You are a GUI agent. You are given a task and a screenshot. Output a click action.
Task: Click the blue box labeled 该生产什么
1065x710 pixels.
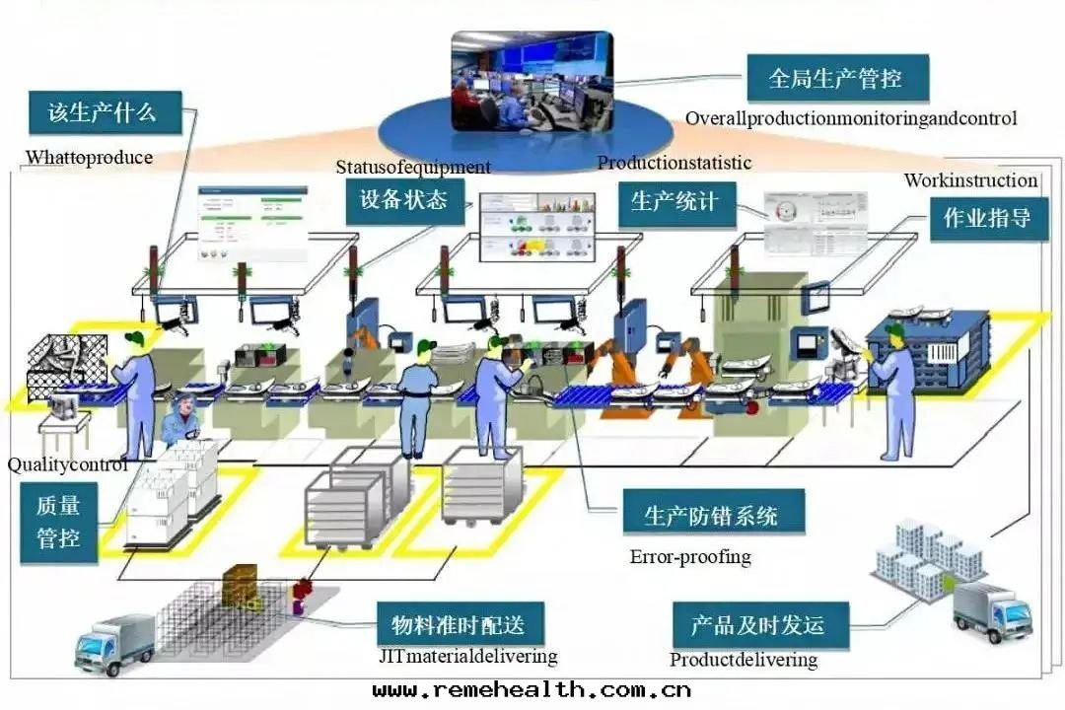tap(104, 112)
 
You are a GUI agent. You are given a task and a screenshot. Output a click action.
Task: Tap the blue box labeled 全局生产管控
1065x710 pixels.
tap(835, 78)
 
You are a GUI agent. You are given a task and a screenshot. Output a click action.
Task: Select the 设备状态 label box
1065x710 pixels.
tap(404, 200)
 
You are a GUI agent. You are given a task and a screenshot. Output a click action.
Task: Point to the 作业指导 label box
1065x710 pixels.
tap(987, 218)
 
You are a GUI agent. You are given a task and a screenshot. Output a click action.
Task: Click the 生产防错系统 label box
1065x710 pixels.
tap(711, 515)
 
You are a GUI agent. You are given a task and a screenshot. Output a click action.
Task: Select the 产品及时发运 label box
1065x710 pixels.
tap(756, 624)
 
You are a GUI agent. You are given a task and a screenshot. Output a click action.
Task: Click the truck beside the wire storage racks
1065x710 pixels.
tap(115, 642)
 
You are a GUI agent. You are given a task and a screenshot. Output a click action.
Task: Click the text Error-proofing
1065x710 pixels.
tap(689, 557)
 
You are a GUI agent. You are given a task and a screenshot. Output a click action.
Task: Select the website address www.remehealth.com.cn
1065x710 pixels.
tap(532, 690)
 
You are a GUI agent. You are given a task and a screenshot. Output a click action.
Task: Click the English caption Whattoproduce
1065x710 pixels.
tap(89, 157)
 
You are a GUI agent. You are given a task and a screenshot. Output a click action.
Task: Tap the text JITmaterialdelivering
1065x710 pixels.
tap(468, 656)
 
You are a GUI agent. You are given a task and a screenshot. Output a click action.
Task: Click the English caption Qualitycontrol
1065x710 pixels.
tap(67, 464)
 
